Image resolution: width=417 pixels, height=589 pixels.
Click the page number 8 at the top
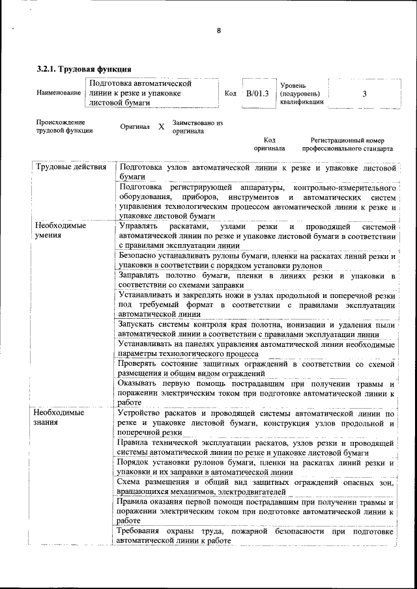(219, 31)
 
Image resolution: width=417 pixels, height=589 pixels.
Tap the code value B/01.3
(257, 94)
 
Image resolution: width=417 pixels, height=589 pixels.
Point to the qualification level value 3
(364, 94)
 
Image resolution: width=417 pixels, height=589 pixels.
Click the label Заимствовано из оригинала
(197, 127)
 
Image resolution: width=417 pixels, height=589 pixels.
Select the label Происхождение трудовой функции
(65, 126)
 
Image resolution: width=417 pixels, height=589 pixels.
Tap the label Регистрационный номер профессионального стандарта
(347, 144)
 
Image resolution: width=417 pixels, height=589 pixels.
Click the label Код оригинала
(269, 144)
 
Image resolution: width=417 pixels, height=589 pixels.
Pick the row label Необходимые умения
(61, 230)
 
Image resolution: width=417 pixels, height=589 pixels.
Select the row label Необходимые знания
(61, 417)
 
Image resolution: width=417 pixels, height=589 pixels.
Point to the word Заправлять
(143, 277)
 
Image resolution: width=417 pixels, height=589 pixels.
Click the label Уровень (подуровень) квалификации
(302, 94)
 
